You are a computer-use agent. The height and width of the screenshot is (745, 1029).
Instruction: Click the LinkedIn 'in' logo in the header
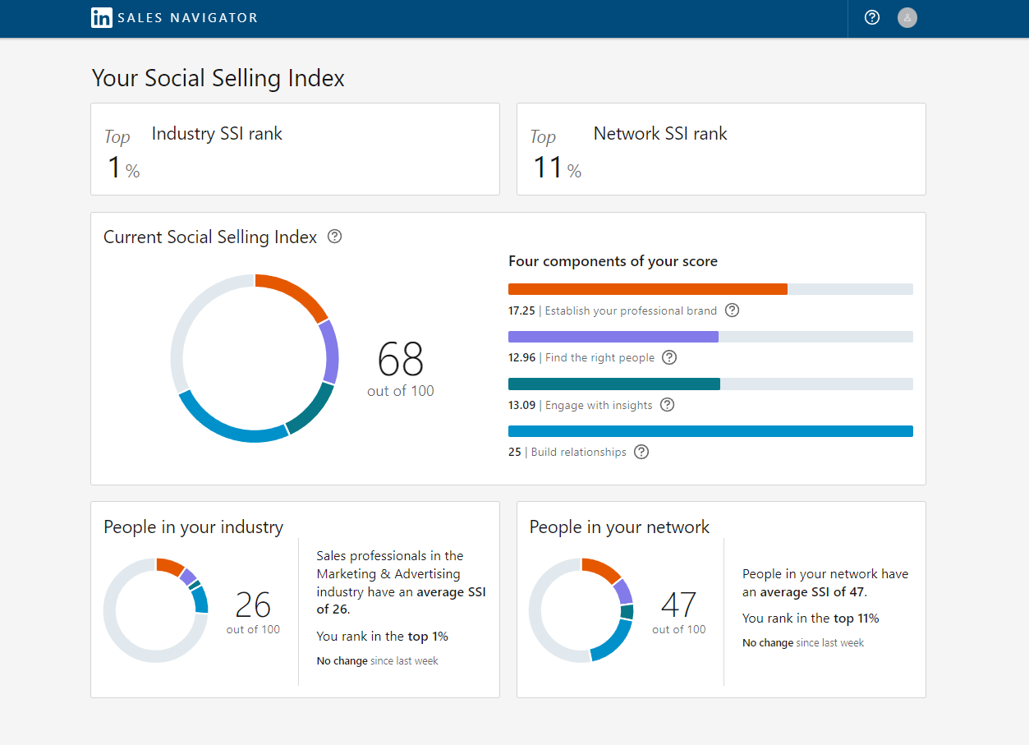click(x=102, y=17)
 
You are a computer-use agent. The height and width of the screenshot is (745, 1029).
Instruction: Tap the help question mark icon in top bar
click(x=872, y=17)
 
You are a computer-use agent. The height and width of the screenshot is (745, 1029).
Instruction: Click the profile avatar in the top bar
click(x=907, y=17)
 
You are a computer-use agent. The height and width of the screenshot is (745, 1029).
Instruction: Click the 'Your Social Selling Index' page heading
click(x=218, y=78)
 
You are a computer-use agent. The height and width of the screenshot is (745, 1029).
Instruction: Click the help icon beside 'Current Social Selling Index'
click(x=334, y=237)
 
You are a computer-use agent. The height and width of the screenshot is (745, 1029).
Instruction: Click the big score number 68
click(x=401, y=359)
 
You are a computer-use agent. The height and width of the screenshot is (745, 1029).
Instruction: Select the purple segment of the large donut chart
click(x=330, y=352)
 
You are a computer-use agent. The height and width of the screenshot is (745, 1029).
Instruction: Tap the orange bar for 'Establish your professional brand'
click(x=647, y=289)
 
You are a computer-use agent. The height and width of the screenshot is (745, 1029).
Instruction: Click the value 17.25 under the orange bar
click(x=521, y=311)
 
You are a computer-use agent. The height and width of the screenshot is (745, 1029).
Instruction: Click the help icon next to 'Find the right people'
click(x=669, y=357)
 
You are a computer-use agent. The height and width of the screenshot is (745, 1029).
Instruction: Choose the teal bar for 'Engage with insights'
click(x=613, y=384)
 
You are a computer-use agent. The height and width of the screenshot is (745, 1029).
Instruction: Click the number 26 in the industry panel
click(x=253, y=605)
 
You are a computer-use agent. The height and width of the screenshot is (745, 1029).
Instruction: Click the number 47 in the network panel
click(x=678, y=605)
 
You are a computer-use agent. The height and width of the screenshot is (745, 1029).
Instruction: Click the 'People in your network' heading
click(x=619, y=527)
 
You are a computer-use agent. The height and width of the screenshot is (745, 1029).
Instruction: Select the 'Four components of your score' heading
click(x=613, y=261)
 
